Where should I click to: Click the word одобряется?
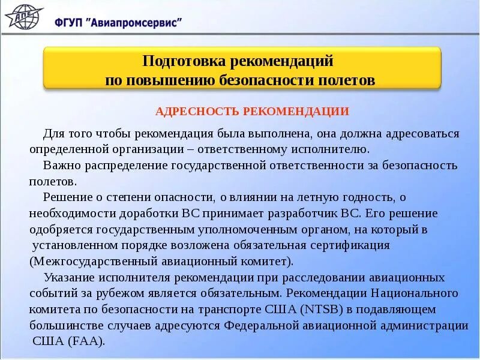click(x=59, y=229)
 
